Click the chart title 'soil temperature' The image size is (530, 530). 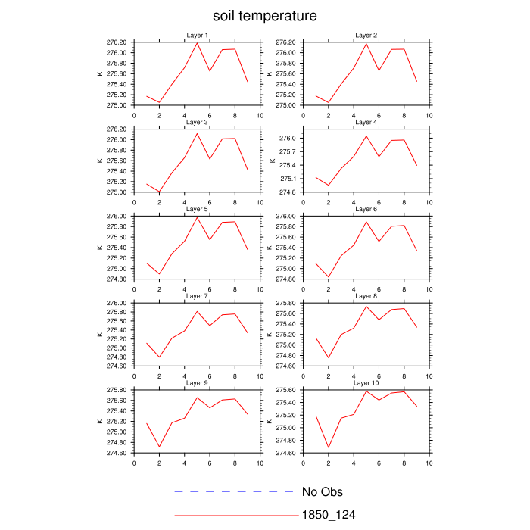click(x=264, y=16)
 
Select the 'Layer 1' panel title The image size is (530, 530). click(x=197, y=36)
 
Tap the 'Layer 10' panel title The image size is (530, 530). click(x=366, y=383)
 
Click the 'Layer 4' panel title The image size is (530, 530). click(x=366, y=123)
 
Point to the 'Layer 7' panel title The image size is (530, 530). click(x=197, y=297)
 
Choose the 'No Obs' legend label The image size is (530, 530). click(x=323, y=492)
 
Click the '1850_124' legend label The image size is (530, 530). click(x=329, y=515)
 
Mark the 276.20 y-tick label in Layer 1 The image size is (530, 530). click(x=116, y=42)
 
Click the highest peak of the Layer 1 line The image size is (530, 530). click(x=197, y=42)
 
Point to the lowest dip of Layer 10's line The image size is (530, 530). click(x=329, y=447)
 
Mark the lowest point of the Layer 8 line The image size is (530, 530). click(x=329, y=357)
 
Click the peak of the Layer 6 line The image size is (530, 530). click(x=366, y=221)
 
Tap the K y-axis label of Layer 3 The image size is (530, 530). click(x=99, y=161)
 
